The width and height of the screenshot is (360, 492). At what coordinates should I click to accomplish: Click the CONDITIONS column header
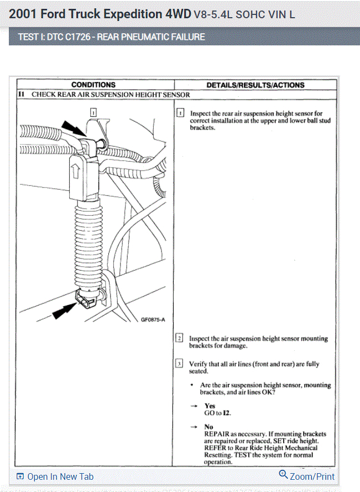point(93,85)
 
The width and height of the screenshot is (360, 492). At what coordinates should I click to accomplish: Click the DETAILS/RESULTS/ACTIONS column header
point(255,85)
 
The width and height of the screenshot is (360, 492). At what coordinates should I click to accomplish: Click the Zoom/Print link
point(307,476)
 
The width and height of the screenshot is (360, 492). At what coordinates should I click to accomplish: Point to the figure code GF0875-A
point(153,319)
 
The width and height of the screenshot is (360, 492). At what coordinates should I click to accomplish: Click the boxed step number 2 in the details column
point(180,338)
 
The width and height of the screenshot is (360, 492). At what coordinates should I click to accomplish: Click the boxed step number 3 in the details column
point(180,364)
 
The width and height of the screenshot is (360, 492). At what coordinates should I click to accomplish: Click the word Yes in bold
point(210,406)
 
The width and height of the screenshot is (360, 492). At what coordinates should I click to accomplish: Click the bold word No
point(208,427)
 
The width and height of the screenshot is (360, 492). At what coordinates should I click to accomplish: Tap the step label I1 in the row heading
point(20,94)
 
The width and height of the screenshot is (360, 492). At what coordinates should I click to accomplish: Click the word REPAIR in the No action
point(217,434)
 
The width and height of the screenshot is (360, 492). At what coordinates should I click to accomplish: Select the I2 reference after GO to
point(226,413)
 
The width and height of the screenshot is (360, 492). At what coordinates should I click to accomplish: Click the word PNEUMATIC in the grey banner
point(145,37)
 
